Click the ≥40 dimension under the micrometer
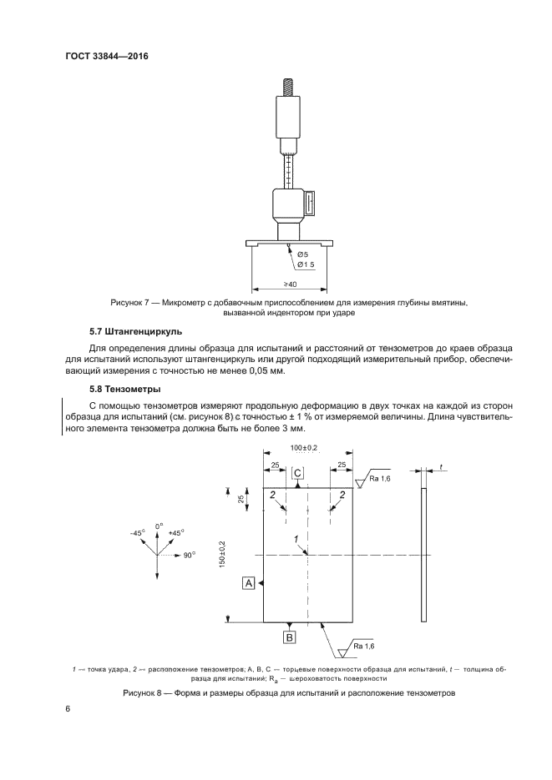(x=290, y=285)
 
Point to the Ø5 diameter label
(x=302, y=254)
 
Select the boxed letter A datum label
(x=248, y=583)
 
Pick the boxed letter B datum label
(x=290, y=638)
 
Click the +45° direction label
(x=175, y=531)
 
